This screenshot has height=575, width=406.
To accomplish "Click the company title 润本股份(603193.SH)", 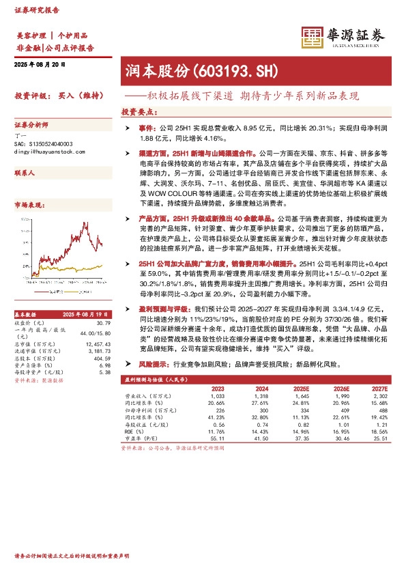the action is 201,70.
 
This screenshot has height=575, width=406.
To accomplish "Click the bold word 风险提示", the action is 148,366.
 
